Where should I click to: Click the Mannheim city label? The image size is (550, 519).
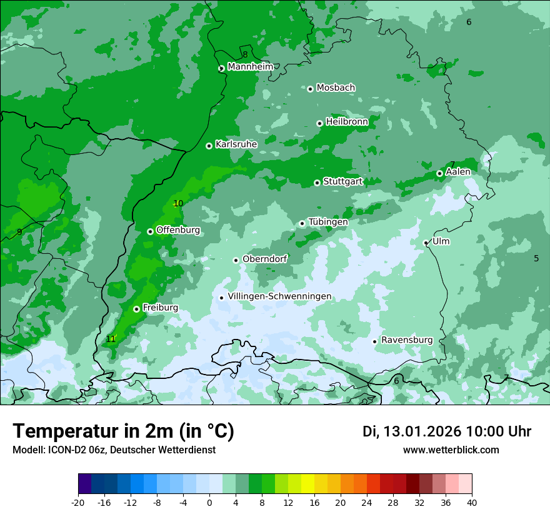point(250,67)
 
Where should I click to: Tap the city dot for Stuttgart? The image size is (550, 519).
point(317,183)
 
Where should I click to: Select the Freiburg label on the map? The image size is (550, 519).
point(160,308)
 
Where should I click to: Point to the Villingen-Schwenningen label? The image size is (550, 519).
point(279,296)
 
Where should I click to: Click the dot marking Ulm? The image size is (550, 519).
point(426,243)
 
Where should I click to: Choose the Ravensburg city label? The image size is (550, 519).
point(407,340)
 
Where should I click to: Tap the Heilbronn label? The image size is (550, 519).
point(347,122)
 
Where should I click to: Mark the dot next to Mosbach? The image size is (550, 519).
point(310,89)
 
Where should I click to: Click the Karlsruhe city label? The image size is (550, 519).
point(236,144)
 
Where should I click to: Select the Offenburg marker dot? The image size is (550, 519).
point(150,231)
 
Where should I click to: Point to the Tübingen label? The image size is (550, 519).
point(328,222)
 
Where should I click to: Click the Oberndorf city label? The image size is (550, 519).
point(264,259)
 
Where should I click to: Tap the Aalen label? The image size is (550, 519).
point(458,172)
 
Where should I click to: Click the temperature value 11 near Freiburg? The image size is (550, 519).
point(111,339)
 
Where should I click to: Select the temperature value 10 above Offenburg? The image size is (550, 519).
point(178,203)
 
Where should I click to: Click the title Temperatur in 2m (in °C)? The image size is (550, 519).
point(123,431)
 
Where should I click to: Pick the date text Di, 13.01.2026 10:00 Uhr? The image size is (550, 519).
point(447,431)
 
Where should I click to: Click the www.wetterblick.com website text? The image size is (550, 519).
point(451,450)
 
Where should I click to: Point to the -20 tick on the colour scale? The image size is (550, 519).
point(78,502)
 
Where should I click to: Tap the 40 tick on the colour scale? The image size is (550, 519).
point(472,502)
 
